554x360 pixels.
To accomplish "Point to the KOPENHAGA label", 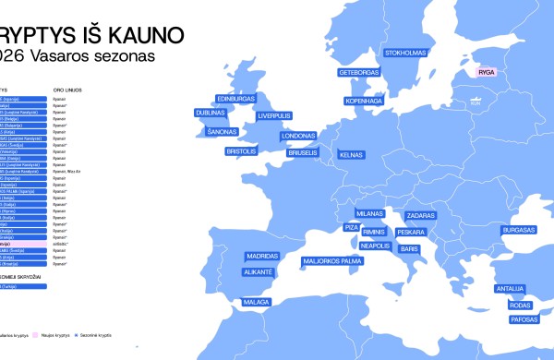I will pyautogui.click(x=364, y=100).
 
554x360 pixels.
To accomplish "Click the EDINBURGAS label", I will pyautogui.click(x=235, y=99).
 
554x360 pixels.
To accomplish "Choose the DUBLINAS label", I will pyautogui.click(x=211, y=113).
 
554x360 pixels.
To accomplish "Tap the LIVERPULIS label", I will pyautogui.click(x=274, y=115).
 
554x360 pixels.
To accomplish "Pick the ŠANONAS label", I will pyautogui.click(x=222, y=132).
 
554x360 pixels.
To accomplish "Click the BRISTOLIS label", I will pyautogui.click(x=241, y=150).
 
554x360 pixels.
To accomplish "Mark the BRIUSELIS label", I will pyautogui.click(x=303, y=152).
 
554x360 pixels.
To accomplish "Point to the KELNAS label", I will pyautogui.click(x=352, y=156).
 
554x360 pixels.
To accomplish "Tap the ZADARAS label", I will pyautogui.click(x=420, y=215).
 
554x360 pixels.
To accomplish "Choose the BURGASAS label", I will pyautogui.click(x=519, y=229).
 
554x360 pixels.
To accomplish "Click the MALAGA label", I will pyautogui.click(x=256, y=302).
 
